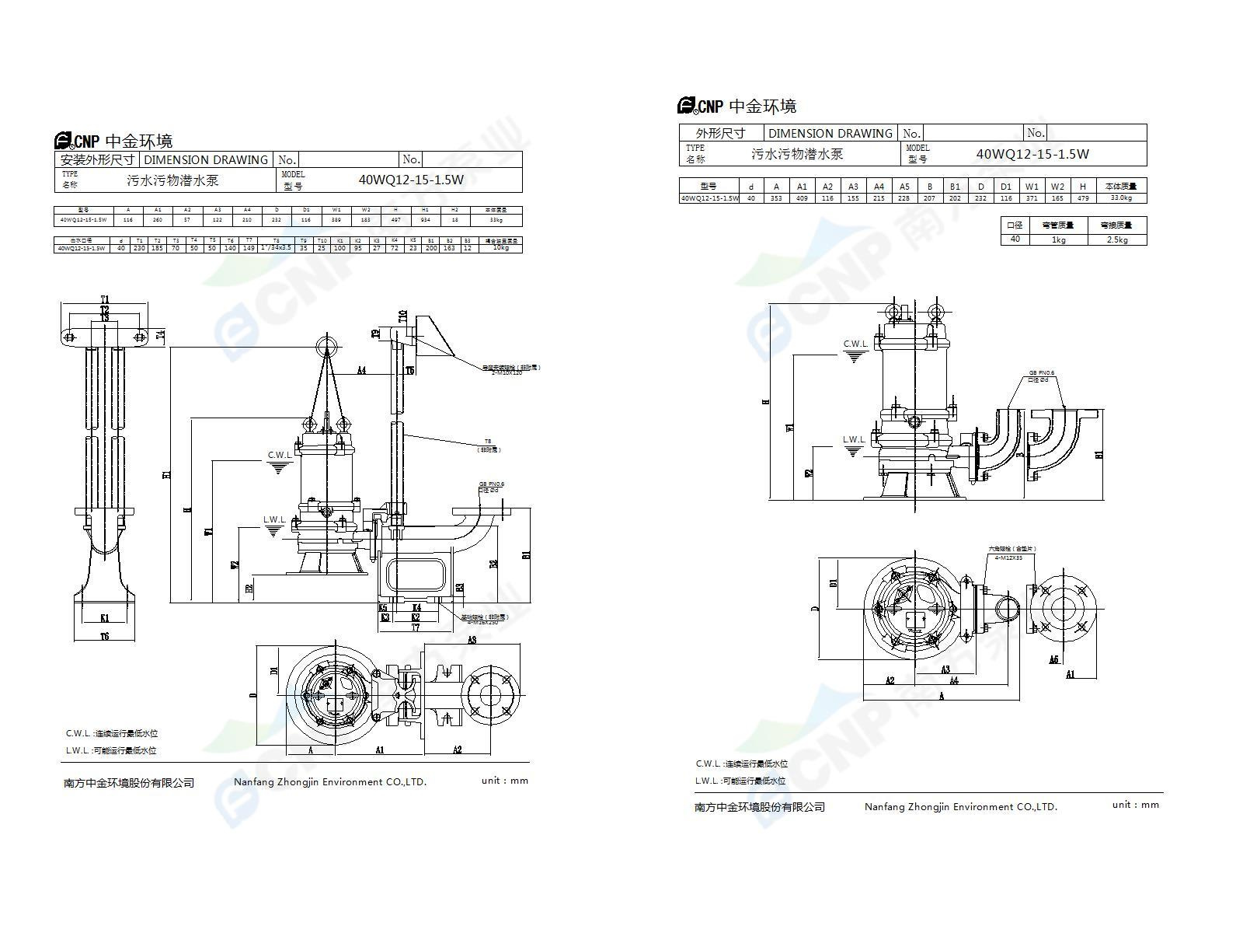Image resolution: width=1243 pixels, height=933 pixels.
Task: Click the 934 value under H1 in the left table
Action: (x=425, y=220)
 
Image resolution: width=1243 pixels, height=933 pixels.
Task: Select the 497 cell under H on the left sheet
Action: (x=395, y=220)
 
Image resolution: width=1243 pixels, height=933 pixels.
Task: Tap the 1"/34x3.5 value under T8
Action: (x=276, y=248)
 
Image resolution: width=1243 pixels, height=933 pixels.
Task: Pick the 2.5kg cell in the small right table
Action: (x=1116, y=239)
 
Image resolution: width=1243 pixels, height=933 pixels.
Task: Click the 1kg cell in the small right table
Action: (x=1057, y=239)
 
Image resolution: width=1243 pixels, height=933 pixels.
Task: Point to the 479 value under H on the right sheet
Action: (x=1082, y=198)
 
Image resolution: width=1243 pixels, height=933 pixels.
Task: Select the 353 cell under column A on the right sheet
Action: (x=776, y=198)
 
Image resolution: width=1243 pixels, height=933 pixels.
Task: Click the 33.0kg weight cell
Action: (x=1121, y=198)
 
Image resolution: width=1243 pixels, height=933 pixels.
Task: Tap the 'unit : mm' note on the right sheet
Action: (x=1135, y=805)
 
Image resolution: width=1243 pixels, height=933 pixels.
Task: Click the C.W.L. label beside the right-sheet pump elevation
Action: (x=855, y=344)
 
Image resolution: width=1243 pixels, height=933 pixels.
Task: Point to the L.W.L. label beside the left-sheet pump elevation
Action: (x=274, y=519)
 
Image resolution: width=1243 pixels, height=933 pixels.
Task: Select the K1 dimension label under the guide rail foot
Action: (x=104, y=618)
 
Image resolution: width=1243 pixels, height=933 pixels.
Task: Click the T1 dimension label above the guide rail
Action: (x=105, y=299)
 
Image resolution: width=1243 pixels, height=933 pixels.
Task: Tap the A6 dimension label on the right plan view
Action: (x=1053, y=659)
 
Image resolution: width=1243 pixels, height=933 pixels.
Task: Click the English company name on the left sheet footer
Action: (x=330, y=782)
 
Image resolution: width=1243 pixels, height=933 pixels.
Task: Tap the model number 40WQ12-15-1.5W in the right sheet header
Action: (x=1032, y=154)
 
